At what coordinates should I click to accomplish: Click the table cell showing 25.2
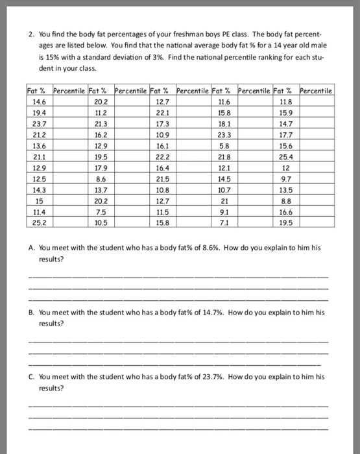click(x=38, y=224)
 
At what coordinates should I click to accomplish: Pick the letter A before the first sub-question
click(x=32, y=248)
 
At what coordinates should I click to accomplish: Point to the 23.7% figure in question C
click(x=209, y=376)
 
